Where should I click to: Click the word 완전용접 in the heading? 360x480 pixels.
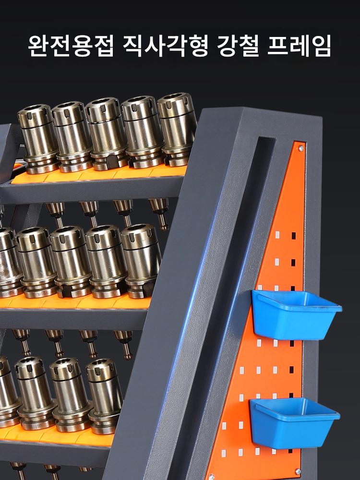pos(71,46)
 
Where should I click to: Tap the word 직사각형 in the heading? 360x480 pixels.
pos(166,46)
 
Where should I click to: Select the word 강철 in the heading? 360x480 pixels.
pos(238,46)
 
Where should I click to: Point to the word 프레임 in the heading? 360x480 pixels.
pos(300,46)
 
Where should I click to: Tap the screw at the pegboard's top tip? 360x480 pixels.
pos(301,148)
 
